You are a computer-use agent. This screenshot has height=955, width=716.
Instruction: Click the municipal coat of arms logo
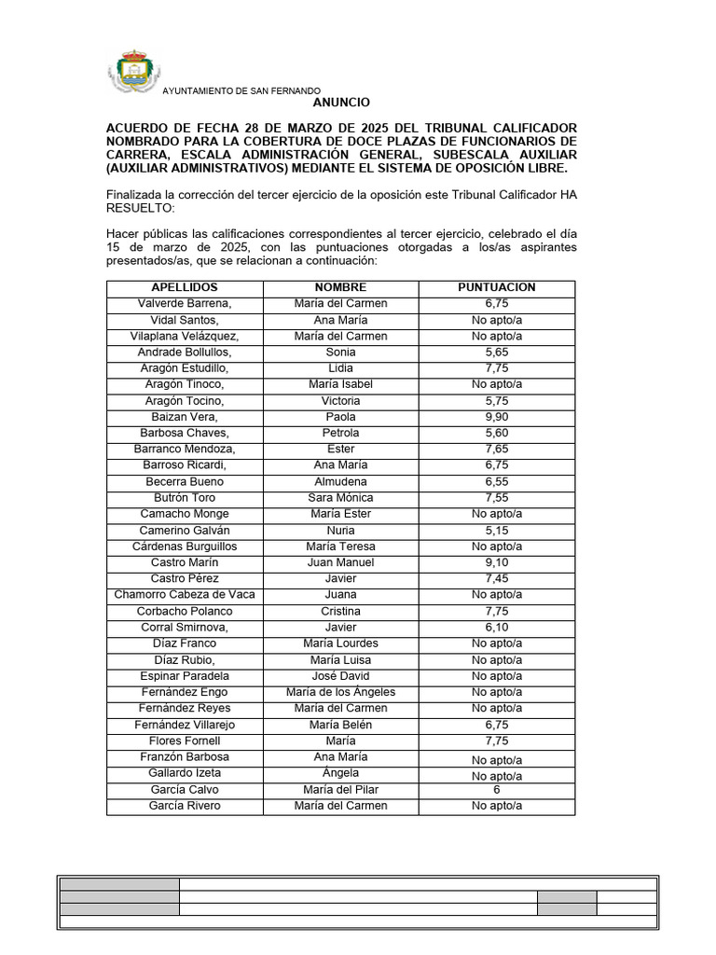133,71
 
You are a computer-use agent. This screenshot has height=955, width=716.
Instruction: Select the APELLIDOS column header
185,287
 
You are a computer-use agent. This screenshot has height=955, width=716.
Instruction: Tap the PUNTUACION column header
497,287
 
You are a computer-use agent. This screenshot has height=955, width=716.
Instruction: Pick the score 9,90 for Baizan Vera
497,417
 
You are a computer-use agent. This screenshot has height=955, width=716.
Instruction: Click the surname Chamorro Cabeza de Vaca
185,595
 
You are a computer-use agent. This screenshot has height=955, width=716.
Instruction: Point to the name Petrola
340,433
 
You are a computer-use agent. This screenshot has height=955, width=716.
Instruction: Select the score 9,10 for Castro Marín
497,562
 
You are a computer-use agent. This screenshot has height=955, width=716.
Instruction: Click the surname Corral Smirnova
185,628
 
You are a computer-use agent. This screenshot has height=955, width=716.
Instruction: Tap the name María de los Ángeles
340,692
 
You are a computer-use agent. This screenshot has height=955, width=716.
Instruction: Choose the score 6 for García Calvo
497,789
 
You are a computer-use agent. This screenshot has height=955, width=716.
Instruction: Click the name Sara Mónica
340,498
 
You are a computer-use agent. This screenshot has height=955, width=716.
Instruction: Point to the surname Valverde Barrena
185,304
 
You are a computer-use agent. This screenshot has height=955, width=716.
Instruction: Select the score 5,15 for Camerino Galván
497,530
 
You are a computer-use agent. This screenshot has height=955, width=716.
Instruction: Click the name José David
340,676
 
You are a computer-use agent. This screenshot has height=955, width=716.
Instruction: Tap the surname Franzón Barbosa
185,756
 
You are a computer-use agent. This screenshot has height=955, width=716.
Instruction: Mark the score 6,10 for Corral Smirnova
497,628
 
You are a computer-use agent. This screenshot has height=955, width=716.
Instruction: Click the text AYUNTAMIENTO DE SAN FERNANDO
241,90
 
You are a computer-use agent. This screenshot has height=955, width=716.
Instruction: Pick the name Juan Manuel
340,562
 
